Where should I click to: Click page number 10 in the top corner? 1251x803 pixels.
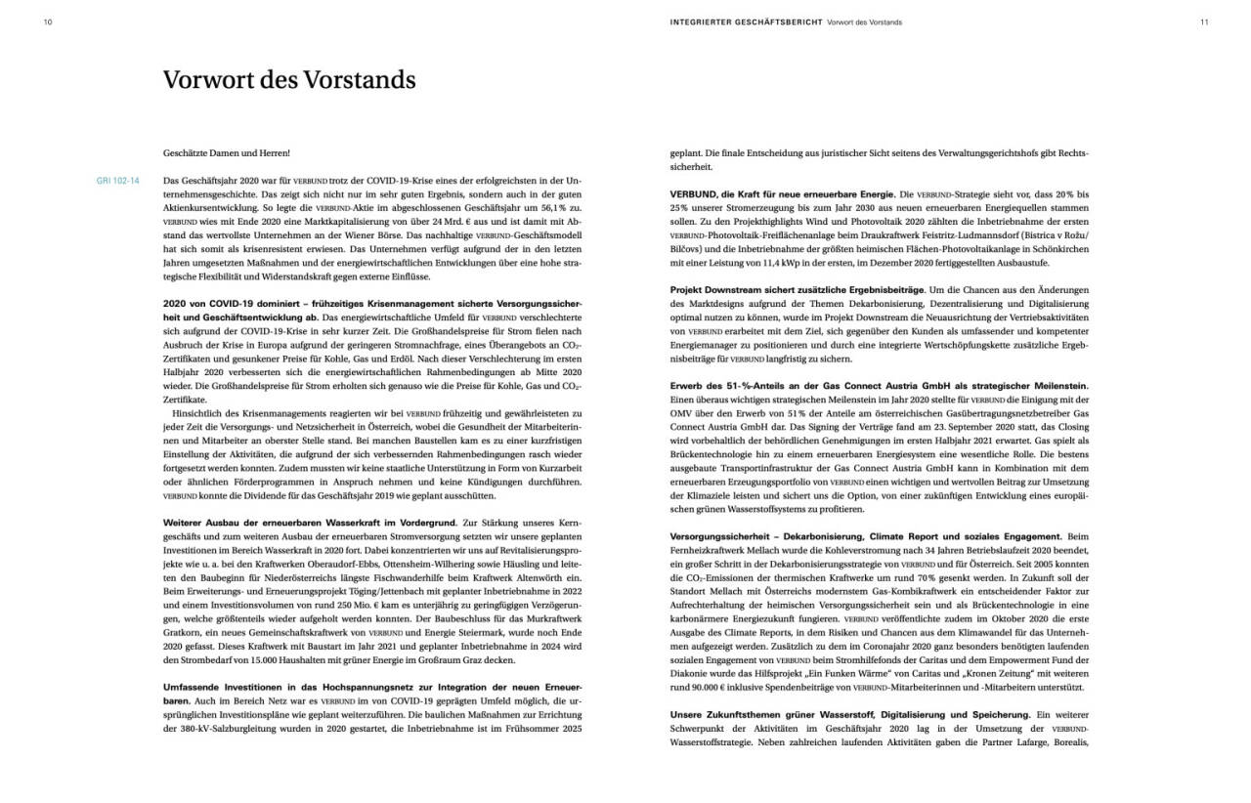click(48, 21)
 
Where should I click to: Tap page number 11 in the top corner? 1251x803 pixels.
click(1204, 21)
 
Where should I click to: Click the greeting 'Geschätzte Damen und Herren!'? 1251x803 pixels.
click(227, 153)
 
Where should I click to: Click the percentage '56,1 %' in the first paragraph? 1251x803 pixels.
click(549, 208)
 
